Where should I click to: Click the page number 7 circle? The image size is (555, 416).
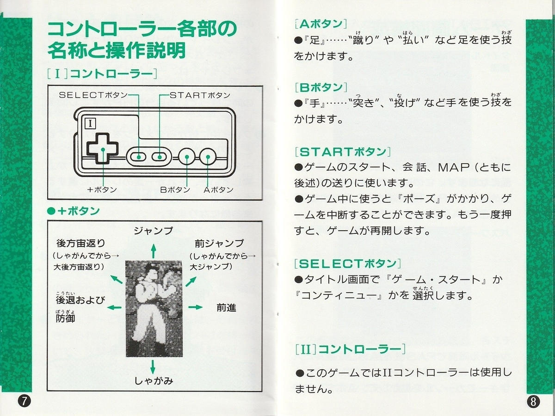(24, 401)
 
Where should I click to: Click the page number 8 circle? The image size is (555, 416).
(533, 401)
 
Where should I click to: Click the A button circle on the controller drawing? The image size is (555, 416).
(208, 157)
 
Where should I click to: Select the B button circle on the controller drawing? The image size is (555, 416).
(186, 157)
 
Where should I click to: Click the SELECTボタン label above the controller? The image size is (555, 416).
(93, 95)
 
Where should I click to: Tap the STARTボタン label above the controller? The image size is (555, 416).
(200, 95)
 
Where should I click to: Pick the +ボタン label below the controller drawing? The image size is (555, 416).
(102, 190)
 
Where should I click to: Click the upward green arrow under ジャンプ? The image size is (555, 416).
(153, 251)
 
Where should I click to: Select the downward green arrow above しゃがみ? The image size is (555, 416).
(153, 367)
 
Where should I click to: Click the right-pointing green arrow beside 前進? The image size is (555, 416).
(196, 307)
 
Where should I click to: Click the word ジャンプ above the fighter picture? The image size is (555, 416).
(153, 231)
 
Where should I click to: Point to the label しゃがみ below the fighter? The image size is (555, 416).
(154, 381)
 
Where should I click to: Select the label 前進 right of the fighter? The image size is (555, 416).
(226, 308)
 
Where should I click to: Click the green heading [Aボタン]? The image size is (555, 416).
(321, 24)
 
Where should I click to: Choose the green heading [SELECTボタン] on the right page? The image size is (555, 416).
(348, 263)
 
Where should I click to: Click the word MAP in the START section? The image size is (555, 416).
(454, 167)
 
